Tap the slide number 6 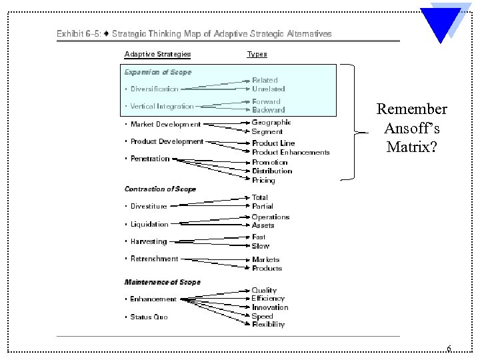(x=449, y=349)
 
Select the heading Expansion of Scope (x=158, y=72)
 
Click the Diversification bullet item (x=154, y=89)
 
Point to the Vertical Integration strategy (x=161, y=106)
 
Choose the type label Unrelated (x=268, y=89)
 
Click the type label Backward (x=268, y=110)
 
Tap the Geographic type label (x=271, y=123)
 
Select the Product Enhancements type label (x=291, y=153)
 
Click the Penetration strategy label (x=150, y=159)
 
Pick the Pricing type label (x=263, y=180)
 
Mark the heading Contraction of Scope (x=160, y=189)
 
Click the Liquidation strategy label (x=149, y=225)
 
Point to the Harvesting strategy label (x=149, y=241)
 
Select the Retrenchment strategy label (x=154, y=259)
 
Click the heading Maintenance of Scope (x=162, y=282)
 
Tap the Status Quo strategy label (x=149, y=317)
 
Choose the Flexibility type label (x=268, y=325)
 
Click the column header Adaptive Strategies (x=157, y=54)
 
